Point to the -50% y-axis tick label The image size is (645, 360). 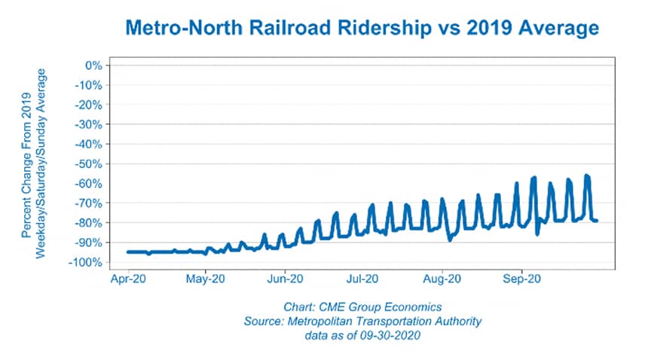[x=87, y=163]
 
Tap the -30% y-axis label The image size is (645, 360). [x=87, y=124]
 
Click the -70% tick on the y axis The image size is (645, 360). [x=87, y=203]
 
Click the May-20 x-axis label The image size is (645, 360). [x=206, y=279]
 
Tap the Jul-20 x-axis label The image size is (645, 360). [x=363, y=279]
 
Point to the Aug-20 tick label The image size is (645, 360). [x=442, y=279]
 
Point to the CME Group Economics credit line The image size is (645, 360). [x=361, y=307]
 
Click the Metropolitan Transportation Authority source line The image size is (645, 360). [x=362, y=321]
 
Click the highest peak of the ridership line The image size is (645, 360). [x=586, y=175]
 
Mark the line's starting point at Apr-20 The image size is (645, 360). [x=128, y=252]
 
